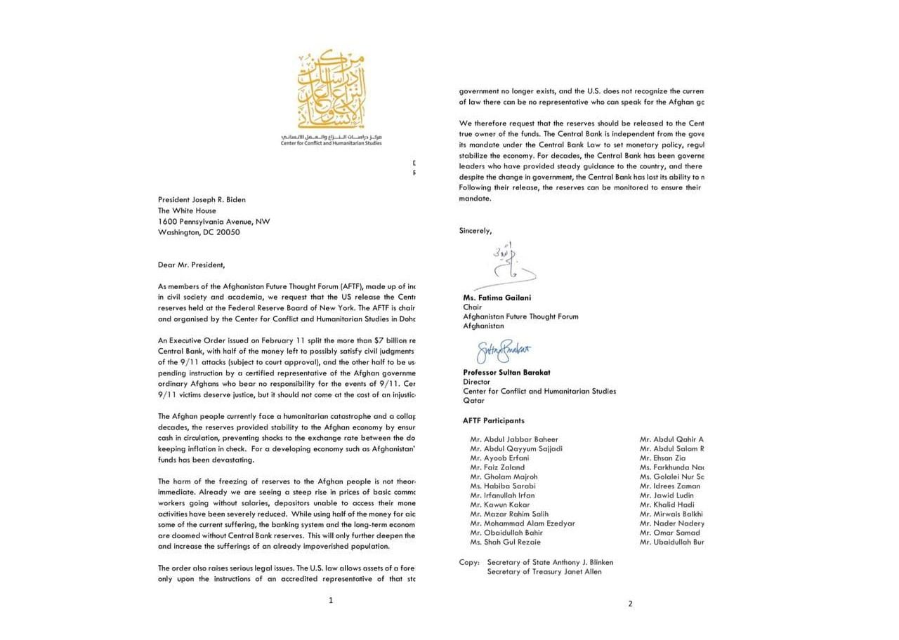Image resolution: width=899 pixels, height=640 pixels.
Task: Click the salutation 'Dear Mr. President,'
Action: (x=191, y=265)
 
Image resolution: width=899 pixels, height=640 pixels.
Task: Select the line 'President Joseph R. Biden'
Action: (x=202, y=199)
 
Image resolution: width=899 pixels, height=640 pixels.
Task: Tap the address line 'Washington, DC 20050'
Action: (x=199, y=232)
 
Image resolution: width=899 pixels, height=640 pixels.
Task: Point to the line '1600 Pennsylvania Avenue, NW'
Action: (x=214, y=221)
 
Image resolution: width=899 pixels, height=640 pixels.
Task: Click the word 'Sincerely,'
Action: (x=475, y=230)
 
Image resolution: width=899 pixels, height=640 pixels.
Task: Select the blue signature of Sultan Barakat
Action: (x=504, y=350)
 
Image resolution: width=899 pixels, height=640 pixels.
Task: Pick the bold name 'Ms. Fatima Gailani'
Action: (x=497, y=298)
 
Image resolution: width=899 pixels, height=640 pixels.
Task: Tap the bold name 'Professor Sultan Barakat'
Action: (x=506, y=373)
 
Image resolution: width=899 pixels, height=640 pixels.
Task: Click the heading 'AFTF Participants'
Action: (x=493, y=421)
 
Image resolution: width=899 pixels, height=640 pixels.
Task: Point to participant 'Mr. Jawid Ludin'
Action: (x=667, y=495)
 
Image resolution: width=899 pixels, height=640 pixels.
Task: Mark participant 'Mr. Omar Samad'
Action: (x=669, y=533)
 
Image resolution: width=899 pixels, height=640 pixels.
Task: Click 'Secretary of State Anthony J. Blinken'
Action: (x=550, y=562)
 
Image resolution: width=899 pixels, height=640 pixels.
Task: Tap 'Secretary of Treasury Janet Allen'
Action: (x=544, y=571)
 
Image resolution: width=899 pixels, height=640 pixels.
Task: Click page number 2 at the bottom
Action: (x=630, y=604)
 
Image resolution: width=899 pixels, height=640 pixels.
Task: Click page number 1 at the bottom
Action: (x=331, y=600)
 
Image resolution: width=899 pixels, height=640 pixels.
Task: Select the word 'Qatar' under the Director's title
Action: (x=473, y=401)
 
